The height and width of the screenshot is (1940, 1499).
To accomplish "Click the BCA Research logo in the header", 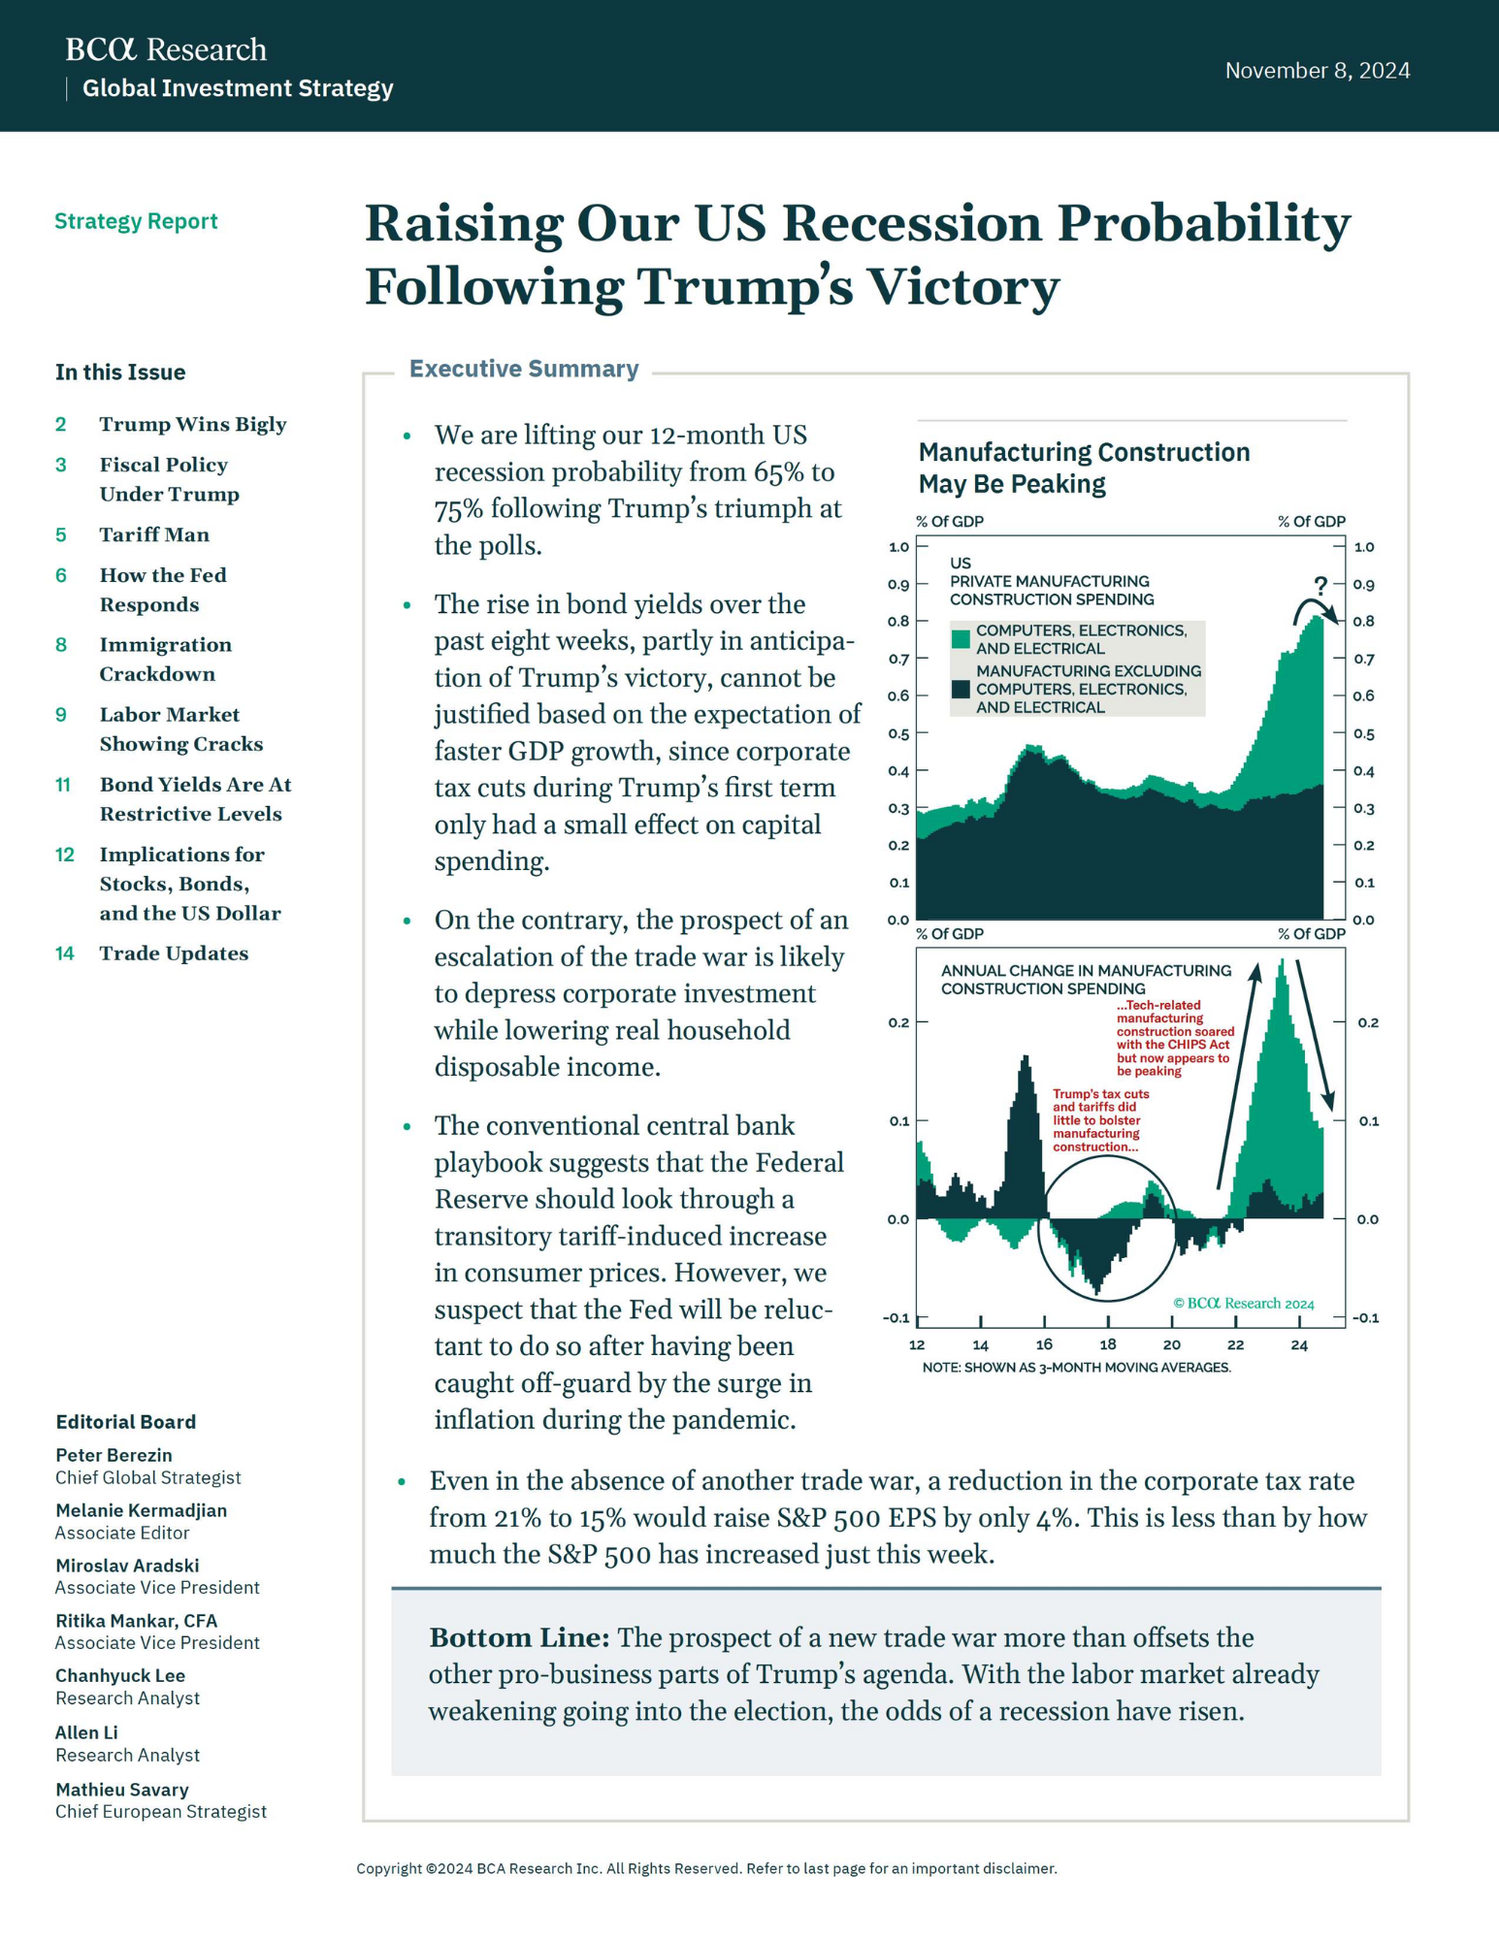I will click(165, 49).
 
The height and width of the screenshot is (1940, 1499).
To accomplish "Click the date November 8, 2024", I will click(1317, 71).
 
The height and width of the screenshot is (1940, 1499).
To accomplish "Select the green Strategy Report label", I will click(136, 221).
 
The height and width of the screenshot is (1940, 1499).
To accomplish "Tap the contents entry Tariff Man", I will click(154, 534).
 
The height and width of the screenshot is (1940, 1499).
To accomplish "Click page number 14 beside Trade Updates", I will click(64, 954).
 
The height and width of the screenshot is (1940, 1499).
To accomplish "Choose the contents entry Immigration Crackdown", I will click(165, 659).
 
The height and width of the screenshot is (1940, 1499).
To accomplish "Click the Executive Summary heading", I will click(523, 369).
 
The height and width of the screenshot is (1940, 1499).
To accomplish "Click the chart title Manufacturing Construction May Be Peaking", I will click(1083, 468).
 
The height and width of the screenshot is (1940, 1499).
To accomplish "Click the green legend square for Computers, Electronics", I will click(961, 639).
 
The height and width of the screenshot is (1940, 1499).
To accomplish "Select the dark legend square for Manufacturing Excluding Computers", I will click(961, 689).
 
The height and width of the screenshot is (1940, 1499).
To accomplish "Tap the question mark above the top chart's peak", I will click(1320, 586).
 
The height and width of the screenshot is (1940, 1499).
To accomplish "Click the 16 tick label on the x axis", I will click(1044, 1344).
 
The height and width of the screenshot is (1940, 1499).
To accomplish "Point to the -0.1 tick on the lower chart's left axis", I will click(896, 1317).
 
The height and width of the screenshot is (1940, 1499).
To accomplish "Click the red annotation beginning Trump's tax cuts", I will click(1099, 1120).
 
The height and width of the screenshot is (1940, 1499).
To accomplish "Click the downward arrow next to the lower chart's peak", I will click(1314, 1038).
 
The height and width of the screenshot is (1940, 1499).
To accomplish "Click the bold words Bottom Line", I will click(519, 1638).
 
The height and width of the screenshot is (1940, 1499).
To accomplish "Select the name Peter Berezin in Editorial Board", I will click(114, 1455).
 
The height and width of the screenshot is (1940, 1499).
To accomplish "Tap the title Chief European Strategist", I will click(160, 1811).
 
